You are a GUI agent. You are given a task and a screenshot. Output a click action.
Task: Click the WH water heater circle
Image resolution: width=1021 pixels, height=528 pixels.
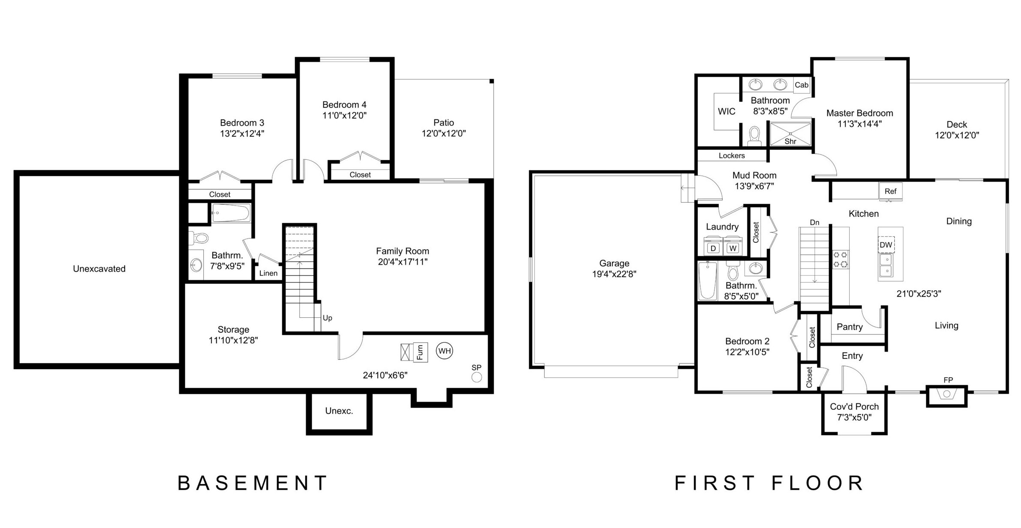coord(445,351)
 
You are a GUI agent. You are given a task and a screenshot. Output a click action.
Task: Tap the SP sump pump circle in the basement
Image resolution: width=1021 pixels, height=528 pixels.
coord(476,377)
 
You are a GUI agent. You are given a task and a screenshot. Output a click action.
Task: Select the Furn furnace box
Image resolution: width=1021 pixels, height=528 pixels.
coord(420,352)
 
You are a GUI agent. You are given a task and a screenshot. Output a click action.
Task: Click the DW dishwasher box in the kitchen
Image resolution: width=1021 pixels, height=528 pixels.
coord(886,245)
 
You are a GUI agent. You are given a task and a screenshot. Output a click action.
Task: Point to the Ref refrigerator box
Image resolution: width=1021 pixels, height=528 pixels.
coord(890,191)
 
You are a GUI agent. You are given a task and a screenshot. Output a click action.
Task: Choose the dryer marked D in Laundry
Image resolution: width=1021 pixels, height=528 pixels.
coord(713,248)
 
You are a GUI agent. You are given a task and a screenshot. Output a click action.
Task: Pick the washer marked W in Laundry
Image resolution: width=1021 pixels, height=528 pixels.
coord(733,248)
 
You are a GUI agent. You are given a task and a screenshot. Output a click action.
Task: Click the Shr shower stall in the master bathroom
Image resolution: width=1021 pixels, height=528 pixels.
coord(790,134)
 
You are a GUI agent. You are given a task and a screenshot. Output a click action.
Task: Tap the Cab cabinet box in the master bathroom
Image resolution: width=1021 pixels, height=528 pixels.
coord(801,85)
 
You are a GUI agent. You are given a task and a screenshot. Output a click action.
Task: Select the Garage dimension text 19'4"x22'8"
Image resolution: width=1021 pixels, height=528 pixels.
coord(614,274)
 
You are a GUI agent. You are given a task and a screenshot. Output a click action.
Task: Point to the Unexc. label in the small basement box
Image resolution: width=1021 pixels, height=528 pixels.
coord(339,411)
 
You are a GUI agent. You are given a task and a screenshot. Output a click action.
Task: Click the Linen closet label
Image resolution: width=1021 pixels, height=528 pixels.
coord(268,273)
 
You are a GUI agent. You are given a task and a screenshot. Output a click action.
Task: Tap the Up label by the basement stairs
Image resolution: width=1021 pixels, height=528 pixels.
coord(327,318)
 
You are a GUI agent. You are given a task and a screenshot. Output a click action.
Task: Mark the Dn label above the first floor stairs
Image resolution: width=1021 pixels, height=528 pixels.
coord(815,222)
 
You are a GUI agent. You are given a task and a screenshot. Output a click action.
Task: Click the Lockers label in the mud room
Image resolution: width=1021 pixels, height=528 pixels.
coord(732,155)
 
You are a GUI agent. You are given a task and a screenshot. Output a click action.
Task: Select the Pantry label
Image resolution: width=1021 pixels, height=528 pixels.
coord(849,327)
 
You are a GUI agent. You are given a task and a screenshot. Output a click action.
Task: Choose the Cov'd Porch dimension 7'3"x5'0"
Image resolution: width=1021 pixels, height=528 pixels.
coord(854,418)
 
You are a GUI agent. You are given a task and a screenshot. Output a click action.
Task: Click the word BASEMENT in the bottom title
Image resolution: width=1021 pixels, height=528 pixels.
coord(253,483)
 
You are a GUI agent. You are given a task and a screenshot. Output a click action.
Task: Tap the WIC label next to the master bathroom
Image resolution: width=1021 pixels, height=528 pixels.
coord(726,111)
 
